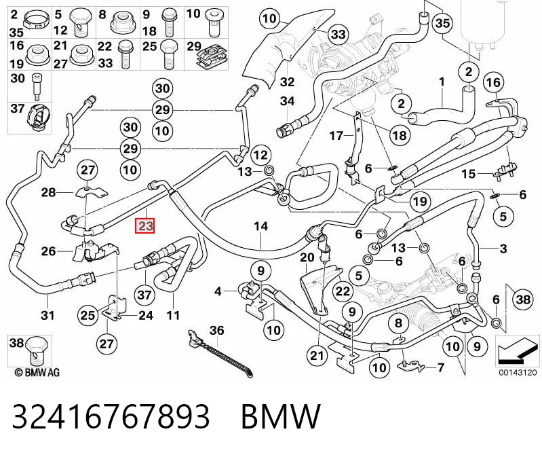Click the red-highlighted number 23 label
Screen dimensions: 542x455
145,226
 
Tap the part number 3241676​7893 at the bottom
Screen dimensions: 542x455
111,416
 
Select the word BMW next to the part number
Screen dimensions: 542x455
280,416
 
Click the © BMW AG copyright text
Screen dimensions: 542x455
37,372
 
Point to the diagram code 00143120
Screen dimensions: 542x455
518,373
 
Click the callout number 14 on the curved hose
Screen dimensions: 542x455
261,227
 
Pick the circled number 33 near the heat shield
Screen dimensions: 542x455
338,34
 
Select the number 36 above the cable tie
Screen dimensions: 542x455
217,331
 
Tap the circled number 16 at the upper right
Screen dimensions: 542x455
493,82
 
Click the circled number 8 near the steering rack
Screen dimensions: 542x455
399,323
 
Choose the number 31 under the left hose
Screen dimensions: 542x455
47,315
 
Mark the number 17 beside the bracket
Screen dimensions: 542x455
336,136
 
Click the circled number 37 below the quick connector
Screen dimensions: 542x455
144,295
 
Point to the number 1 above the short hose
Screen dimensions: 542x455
442,82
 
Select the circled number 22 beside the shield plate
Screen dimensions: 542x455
343,291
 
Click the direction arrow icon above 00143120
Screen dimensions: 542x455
517,350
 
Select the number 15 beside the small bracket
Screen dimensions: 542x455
469,173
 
